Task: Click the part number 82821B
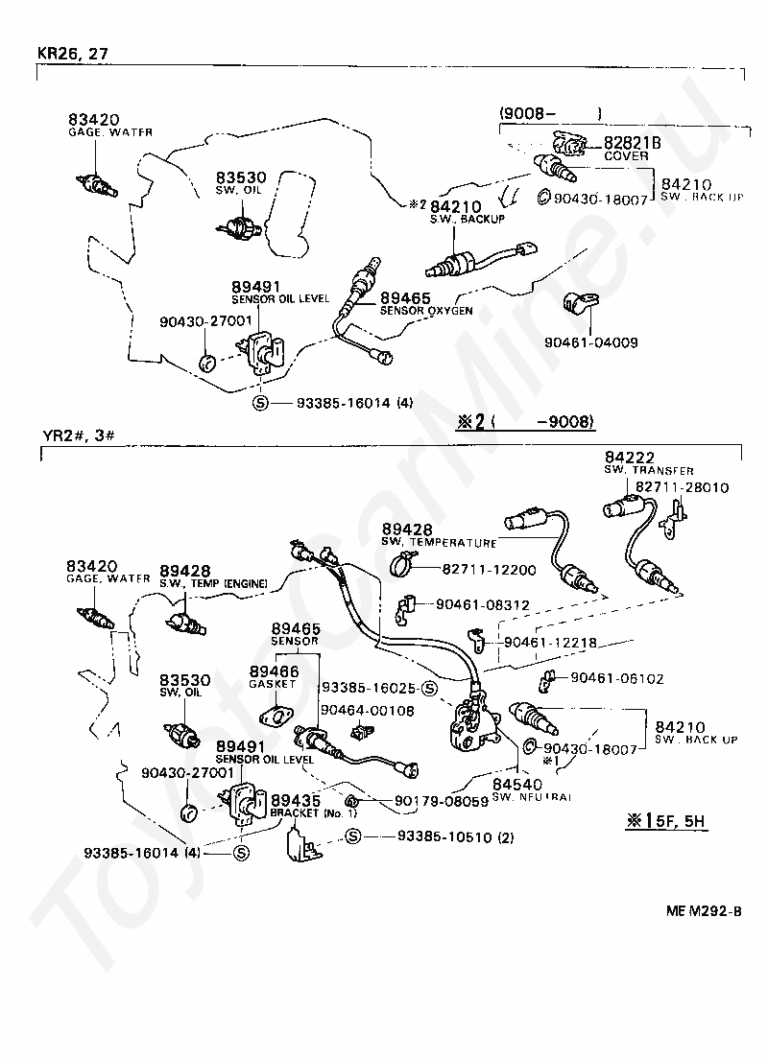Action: pos(633,143)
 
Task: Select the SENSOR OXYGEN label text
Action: pos(425,311)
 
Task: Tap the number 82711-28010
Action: pos(681,487)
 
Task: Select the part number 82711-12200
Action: pos(489,570)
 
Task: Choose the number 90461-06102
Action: pos(616,677)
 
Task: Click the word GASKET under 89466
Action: pos(274,683)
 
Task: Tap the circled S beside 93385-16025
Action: pos(430,688)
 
